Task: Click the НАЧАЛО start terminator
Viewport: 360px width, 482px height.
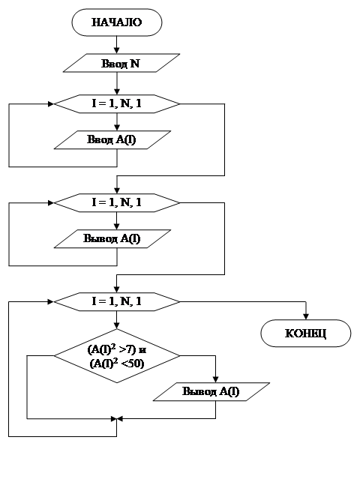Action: pyautogui.click(x=117, y=22)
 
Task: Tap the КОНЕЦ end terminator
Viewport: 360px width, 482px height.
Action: pyautogui.click(x=305, y=334)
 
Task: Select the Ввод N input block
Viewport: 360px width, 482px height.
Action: pyautogui.click(x=121, y=63)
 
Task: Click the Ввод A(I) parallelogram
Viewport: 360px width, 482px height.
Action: pyautogui.click(x=112, y=140)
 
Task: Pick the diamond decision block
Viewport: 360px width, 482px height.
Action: pyautogui.click(x=117, y=356)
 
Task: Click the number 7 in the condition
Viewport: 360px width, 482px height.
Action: pyautogui.click(x=130, y=349)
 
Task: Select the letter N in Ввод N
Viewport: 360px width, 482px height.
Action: pyautogui.click(x=135, y=63)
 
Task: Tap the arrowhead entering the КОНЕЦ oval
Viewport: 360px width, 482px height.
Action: pyautogui.click(x=305, y=316)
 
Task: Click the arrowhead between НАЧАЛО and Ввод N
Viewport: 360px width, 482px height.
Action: pyautogui.click(x=117, y=50)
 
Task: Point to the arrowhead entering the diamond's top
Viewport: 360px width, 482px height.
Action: pyautogui.click(x=117, y=325)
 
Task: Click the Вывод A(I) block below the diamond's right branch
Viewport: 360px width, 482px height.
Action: pyautogui.click(x=211, y=391)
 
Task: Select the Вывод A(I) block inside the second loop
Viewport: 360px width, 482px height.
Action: pyautogui.click(x=112, y=239)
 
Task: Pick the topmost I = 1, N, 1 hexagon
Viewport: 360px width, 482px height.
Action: pyautogui.click(x=117, y=104)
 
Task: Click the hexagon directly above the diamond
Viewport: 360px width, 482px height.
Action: pyautogui.click(x=117, y=301)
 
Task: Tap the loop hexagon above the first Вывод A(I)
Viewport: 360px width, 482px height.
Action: pyautogui.click(x=117, y=203)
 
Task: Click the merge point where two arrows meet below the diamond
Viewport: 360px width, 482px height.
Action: pyautogui.click(x=117, y=418)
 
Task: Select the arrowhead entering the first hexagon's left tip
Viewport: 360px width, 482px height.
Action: pyautogui.click(x=51, y=104)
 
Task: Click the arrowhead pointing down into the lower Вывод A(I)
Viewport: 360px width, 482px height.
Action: pyautogui.click(x=215, y=379)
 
